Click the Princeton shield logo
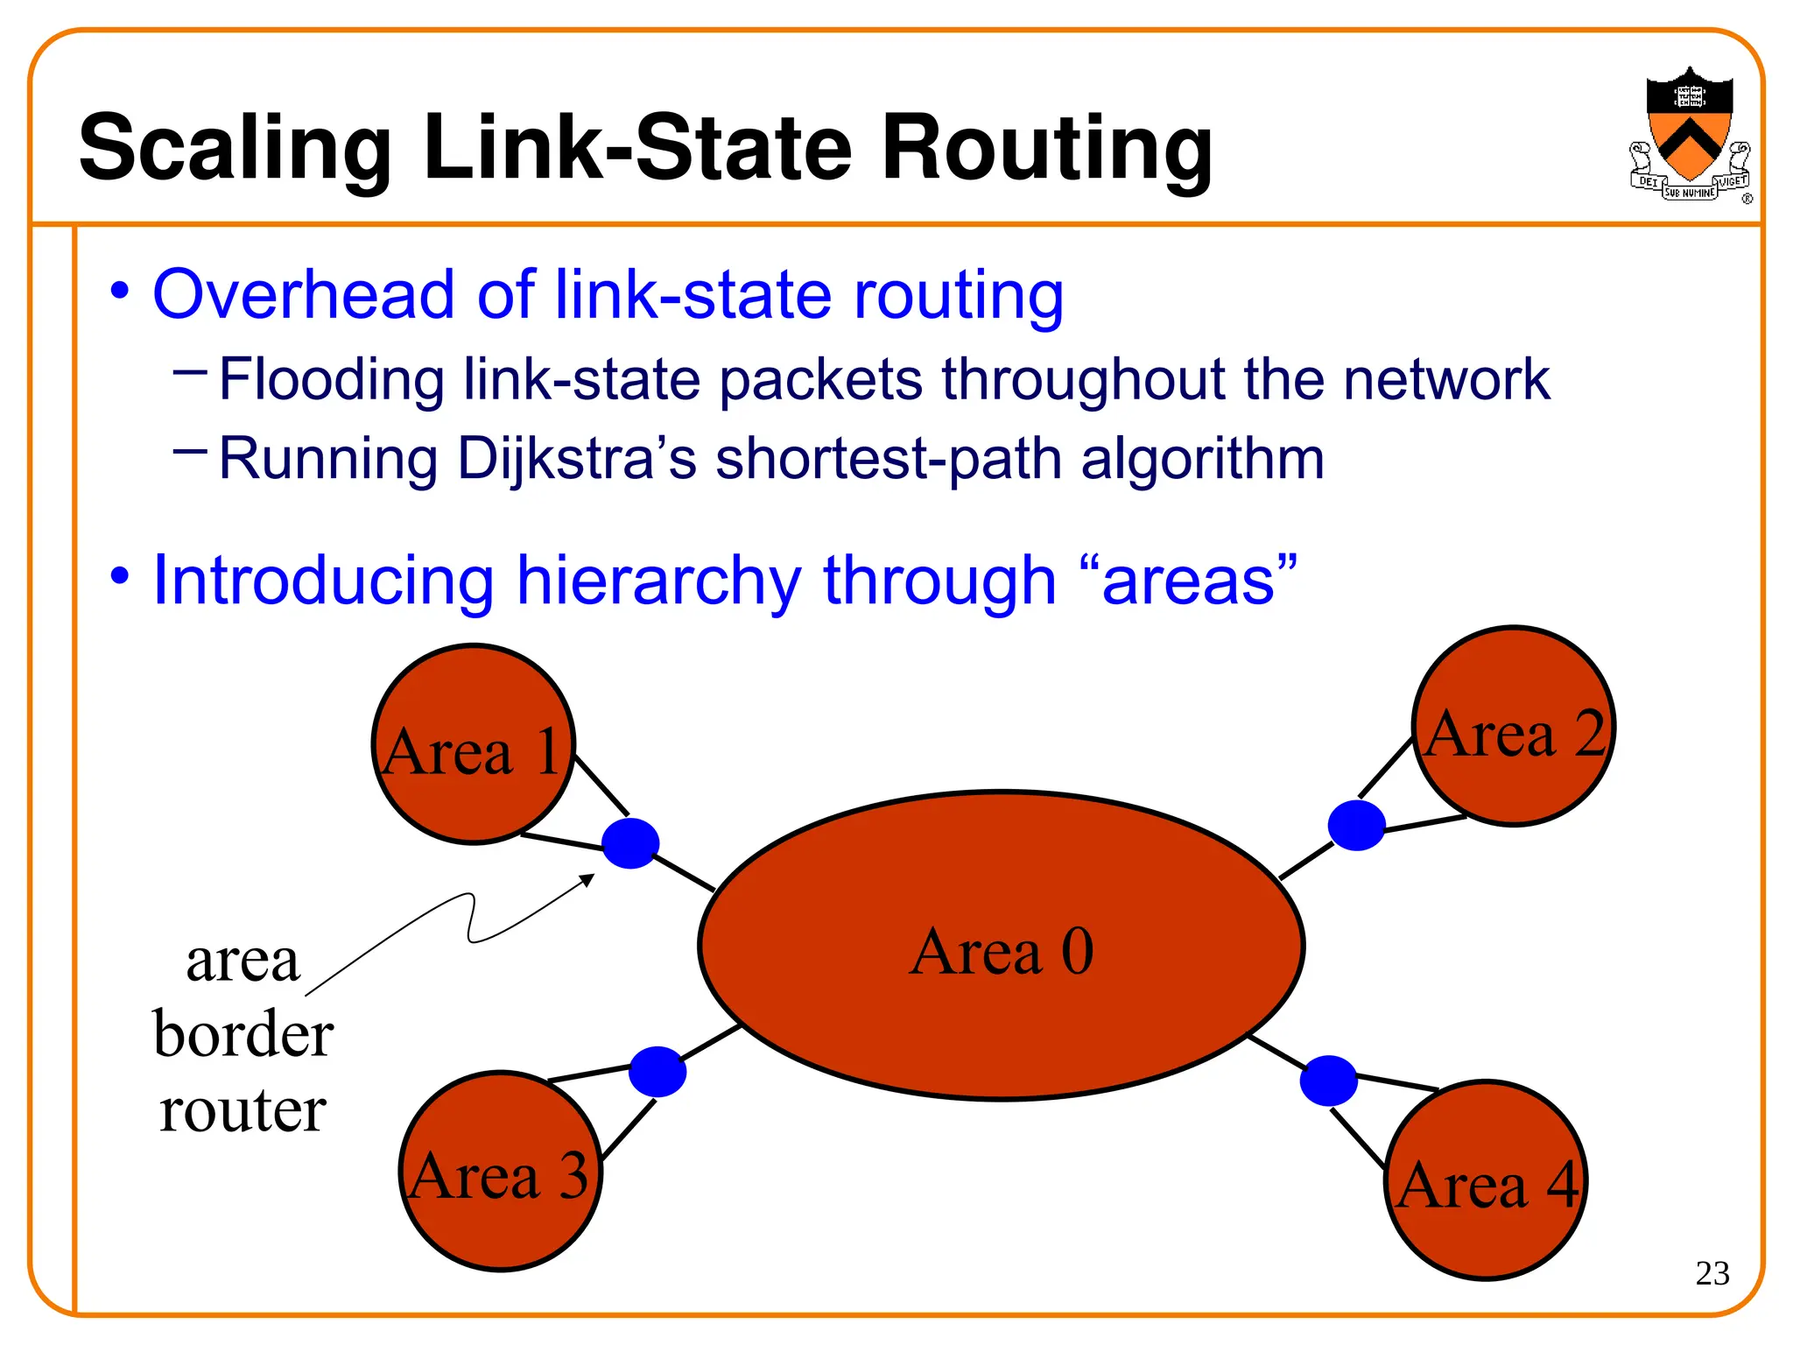point(1689,133)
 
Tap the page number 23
point(1712,1273)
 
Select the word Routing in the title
point(1047,149)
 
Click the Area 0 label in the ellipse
point(1002,952)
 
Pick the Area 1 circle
point(473,744)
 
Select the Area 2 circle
point(1514,727)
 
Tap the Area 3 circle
point(500,1172)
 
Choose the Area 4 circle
point(1487,1180)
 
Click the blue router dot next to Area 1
point(630,843)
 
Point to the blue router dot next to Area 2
point(1356,825)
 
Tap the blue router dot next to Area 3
point(657,1071)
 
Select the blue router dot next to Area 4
point(1328,1081)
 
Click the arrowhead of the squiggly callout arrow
point(589,878)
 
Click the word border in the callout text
point(243,1034)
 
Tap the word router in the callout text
point(243,1110)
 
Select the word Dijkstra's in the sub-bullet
point(577,459)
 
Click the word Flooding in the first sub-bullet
point(331,380)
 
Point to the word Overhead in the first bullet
point(303,295)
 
